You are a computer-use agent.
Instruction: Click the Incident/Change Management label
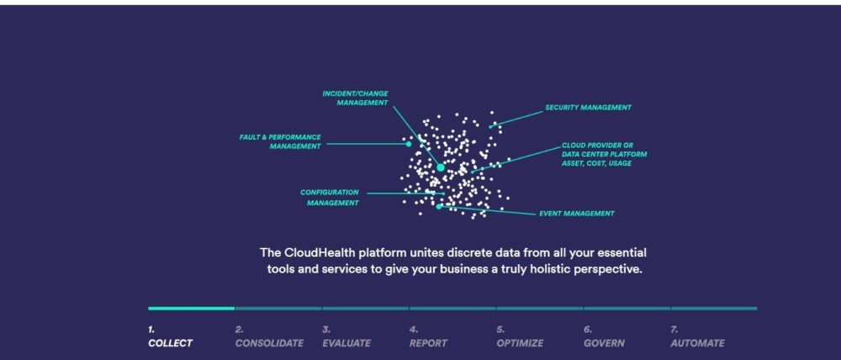click(355, 98)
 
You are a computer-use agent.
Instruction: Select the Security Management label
click(587, 108)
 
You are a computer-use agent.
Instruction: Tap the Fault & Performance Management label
click(280, 141)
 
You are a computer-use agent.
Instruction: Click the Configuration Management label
click(330, 197)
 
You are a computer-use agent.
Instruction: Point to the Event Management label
click(576, 214)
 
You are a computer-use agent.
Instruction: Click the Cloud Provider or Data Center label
click(604, 154)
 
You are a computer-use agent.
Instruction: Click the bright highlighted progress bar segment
click(191, 308)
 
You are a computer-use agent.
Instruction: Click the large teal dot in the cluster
click(441, 167)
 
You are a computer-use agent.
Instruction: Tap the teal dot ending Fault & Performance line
click(409, 144)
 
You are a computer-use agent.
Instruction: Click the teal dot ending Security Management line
click(492, 126)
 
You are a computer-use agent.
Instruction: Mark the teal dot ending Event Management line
click(439, 206)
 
